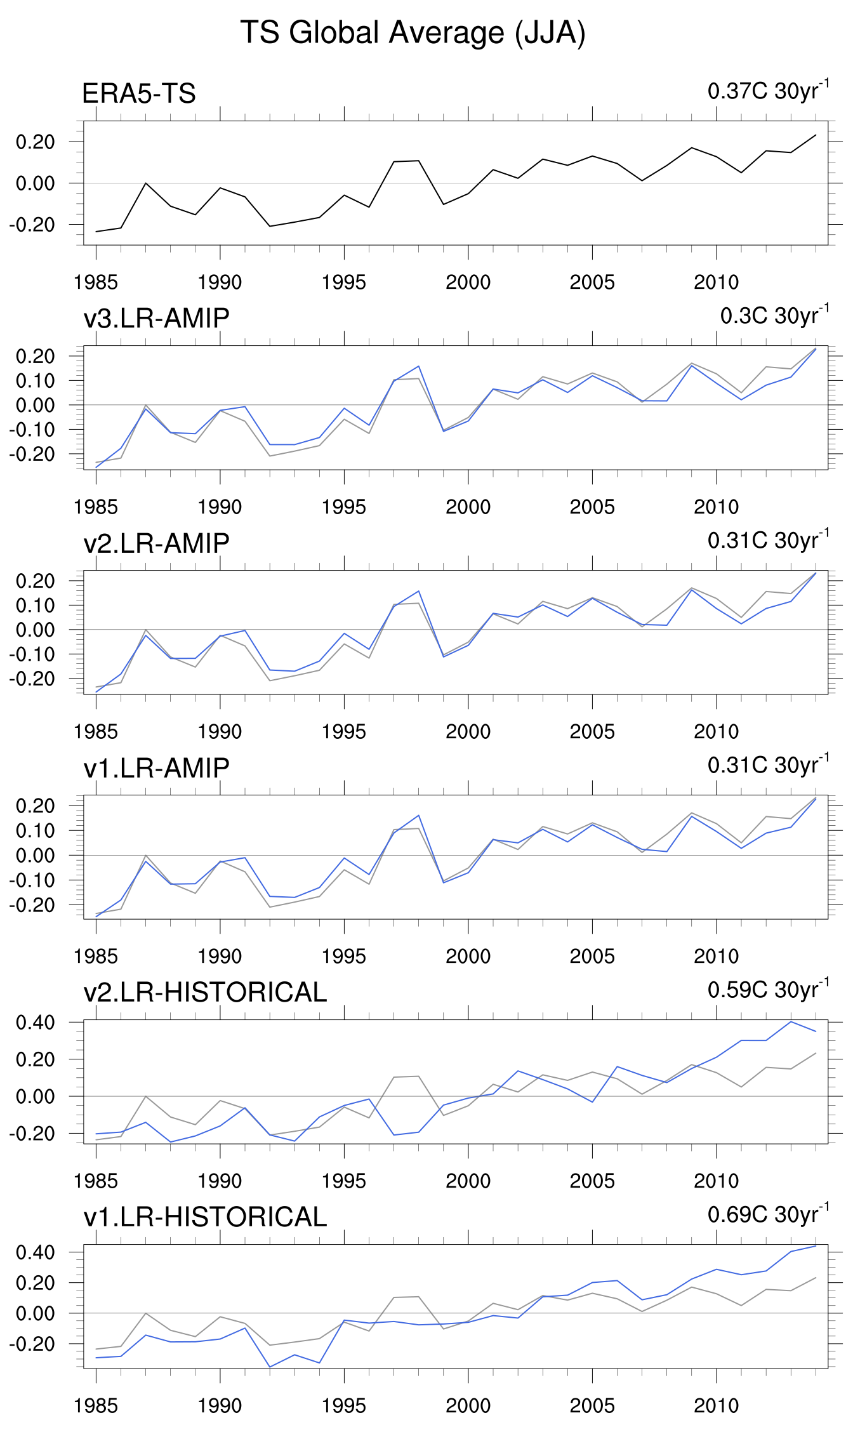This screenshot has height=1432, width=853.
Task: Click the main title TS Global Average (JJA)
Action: pos(413,33)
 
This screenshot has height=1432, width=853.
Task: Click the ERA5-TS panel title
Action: pos(139,94)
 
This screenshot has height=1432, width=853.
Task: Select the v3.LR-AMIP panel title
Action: pos(156,318)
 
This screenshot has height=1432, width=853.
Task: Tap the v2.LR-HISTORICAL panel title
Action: pos(205,992)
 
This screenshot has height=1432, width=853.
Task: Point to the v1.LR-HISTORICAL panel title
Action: pos(205,1217)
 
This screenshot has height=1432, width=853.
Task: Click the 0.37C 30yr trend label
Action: pos(768,91)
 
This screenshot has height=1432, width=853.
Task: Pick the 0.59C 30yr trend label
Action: pos(768,990)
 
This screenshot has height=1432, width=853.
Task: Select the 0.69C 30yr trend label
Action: pos(768,1214)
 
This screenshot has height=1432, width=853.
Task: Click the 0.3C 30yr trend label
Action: pos(774,315)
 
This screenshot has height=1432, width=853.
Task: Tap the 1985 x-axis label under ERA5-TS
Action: pos(96,282)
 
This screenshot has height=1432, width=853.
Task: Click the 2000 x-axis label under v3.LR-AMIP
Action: pos(468,507)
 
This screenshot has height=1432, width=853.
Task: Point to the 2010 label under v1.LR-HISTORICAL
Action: pos(716,1406)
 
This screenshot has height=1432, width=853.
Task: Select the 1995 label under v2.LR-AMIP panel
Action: pos(344,732)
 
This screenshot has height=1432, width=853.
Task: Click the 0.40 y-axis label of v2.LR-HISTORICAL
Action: pos(36,1023)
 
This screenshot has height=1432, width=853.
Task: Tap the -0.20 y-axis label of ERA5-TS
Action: pos(32,225)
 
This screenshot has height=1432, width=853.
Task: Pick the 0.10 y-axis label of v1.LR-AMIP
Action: pos(36,830)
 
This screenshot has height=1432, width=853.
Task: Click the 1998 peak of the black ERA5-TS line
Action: pos(419,161)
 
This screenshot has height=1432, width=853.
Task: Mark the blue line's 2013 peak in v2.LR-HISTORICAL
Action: pos(791,1021)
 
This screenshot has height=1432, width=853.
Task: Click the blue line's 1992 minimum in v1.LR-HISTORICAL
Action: pos(270,1367)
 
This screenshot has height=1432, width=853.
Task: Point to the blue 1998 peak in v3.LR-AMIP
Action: pos(419,366)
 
